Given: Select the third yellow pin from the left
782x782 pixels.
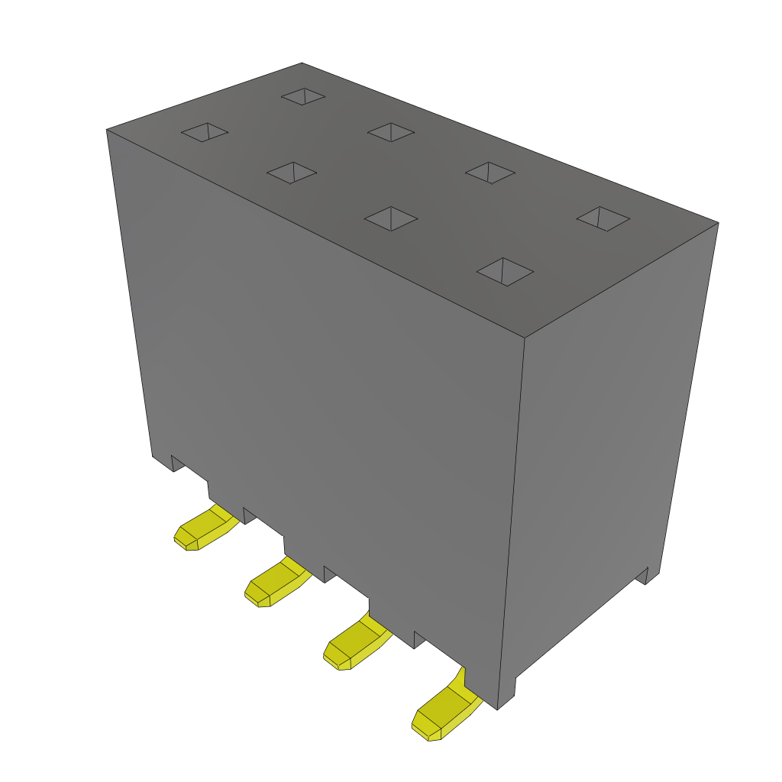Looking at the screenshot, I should pos(354,648).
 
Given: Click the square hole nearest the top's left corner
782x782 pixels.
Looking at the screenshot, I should pos(205,132).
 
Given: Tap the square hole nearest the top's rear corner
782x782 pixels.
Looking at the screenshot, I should pos(303,96).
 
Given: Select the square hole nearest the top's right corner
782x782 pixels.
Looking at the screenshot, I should pos(603,218).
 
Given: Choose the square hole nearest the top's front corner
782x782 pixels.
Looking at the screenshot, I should pos(504,271).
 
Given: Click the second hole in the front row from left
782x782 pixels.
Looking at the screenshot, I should pos(291,172).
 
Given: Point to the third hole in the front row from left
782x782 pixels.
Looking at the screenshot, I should pos(391,218).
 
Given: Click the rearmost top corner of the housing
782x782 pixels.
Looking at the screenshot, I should pos(302,63).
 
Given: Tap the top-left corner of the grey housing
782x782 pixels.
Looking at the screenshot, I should pos(107,131).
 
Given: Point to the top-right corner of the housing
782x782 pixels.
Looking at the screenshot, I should pos(717,223).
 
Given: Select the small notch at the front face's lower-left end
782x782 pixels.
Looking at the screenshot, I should pos(176,463).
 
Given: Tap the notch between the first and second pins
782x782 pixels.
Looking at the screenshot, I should pos(249,515).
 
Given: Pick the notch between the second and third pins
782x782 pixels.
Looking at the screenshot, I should pos(329,574).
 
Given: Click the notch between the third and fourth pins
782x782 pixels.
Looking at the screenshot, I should pos(418,640).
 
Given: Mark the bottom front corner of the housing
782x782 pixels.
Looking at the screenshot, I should pos(498,709).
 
